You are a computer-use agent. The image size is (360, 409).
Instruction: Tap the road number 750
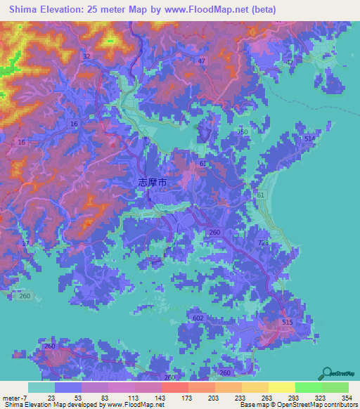243,132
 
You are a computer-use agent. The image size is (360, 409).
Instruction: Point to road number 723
263,242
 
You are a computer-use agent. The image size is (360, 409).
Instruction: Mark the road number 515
286,322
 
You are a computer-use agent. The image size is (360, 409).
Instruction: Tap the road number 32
86,56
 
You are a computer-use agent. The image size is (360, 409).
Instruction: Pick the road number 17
26,243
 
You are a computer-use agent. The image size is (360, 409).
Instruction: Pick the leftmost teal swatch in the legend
41,387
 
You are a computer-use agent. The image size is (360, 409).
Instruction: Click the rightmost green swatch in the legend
335,387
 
